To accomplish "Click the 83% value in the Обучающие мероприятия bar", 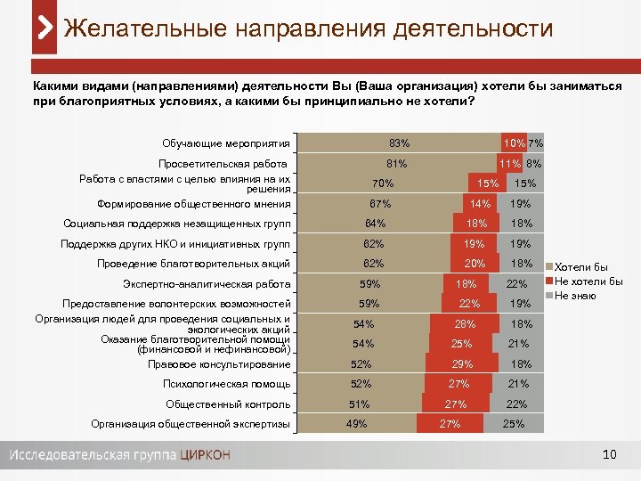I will (x=399, y=143).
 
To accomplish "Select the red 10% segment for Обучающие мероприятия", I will (x=513, y=143).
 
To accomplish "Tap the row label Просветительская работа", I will (x=222, y=164).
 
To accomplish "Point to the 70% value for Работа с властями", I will (x=383, y=183).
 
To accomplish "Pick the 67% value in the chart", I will (x=380, y=204).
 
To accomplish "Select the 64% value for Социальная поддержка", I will (x=375, y=224).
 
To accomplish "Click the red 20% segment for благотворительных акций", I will (x=475, y=264).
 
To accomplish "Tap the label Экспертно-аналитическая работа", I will (x=206, y=284).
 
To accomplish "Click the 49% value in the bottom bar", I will (x=356, y=424).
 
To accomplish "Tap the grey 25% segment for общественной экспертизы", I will (x=513, y=424).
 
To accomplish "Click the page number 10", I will (x=609, y=455).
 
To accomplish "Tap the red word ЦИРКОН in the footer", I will (x=205, y=455).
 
